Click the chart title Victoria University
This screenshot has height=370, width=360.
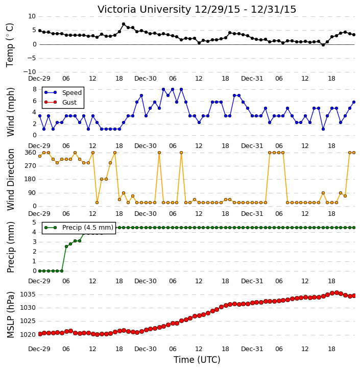coord(144,9)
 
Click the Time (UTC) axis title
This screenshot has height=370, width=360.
coord(197,360)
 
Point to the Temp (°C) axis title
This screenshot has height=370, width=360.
coord(10,45)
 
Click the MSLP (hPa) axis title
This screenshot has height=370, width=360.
coord(10,315)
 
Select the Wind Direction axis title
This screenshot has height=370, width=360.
coord(10,180)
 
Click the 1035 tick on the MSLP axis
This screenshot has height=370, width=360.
coord(28,294)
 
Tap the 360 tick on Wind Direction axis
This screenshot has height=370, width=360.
coord(31,153)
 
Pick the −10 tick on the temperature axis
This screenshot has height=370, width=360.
coord(29,72)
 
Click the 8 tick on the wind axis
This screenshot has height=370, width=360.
coord(35,89)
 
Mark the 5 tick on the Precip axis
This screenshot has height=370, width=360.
coord(34,223)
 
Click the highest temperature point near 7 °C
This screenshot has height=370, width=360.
coord(124,24)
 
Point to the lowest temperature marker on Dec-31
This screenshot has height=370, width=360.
coord(323,44)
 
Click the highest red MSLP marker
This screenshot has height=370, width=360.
coord(337,292)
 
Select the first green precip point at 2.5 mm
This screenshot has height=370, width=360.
coord(66,246)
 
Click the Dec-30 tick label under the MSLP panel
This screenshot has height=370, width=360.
coord(146,349)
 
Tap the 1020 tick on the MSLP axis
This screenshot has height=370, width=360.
coord(28,335)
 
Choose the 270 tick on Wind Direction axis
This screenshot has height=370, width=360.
coord(31,166)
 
